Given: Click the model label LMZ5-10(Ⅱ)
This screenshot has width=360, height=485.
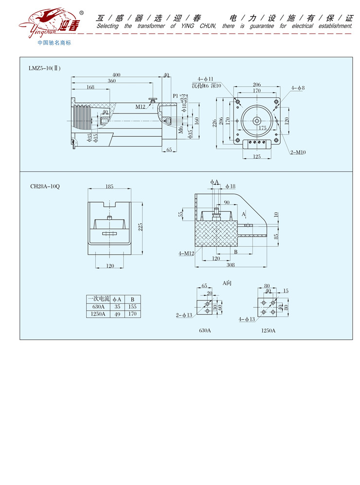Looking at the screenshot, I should click(45, 68).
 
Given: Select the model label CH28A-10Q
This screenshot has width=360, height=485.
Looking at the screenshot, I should click(45, 186).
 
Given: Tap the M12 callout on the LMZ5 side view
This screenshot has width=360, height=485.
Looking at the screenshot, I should click(141, 106).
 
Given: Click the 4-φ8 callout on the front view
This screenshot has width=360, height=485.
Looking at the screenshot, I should click(298, 88).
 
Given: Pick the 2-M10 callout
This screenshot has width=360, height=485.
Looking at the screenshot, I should click(298, 152).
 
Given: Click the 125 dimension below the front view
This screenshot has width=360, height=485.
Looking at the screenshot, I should click(256, 156).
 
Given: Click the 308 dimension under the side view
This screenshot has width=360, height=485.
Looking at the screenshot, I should click(231, 265).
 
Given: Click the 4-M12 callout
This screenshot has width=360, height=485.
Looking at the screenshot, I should click(186, 253).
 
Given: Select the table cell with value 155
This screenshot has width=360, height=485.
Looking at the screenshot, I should click(132, 307).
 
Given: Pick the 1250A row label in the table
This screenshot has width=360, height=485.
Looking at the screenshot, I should click(98, 314).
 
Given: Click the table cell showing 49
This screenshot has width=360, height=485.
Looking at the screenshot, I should click(117, 314).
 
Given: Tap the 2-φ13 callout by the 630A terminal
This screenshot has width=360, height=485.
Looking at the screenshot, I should click(184, 316).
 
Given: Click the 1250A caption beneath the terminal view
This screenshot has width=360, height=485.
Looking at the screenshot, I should click(268, 330).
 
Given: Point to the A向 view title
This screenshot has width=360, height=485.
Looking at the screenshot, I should click(227, 282).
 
